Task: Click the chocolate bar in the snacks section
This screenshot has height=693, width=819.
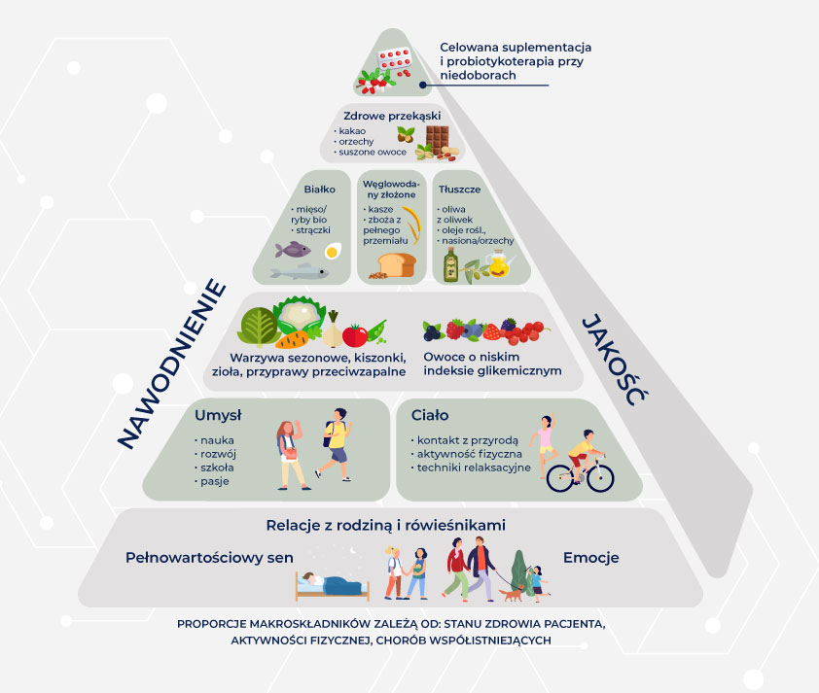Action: [x=435, y=138]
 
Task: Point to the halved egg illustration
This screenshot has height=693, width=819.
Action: [x=333, y=251]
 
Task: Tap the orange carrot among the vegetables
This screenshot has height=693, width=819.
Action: [x=292, y=338]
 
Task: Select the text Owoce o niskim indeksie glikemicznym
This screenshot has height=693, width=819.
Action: [x=492, y=364]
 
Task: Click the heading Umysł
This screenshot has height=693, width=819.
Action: [x=218, y=415]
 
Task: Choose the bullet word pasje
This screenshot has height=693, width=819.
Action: [x=210, y=481]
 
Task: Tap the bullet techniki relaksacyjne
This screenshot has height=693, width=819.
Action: [x=475, y=468]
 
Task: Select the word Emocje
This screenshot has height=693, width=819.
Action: [x=590, y=558]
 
